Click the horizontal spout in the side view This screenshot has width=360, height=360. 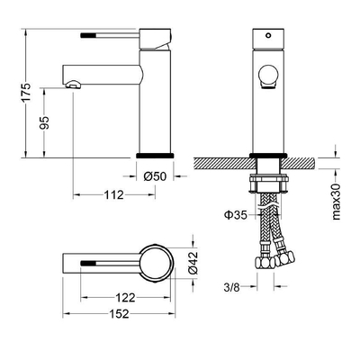click(99, 71)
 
